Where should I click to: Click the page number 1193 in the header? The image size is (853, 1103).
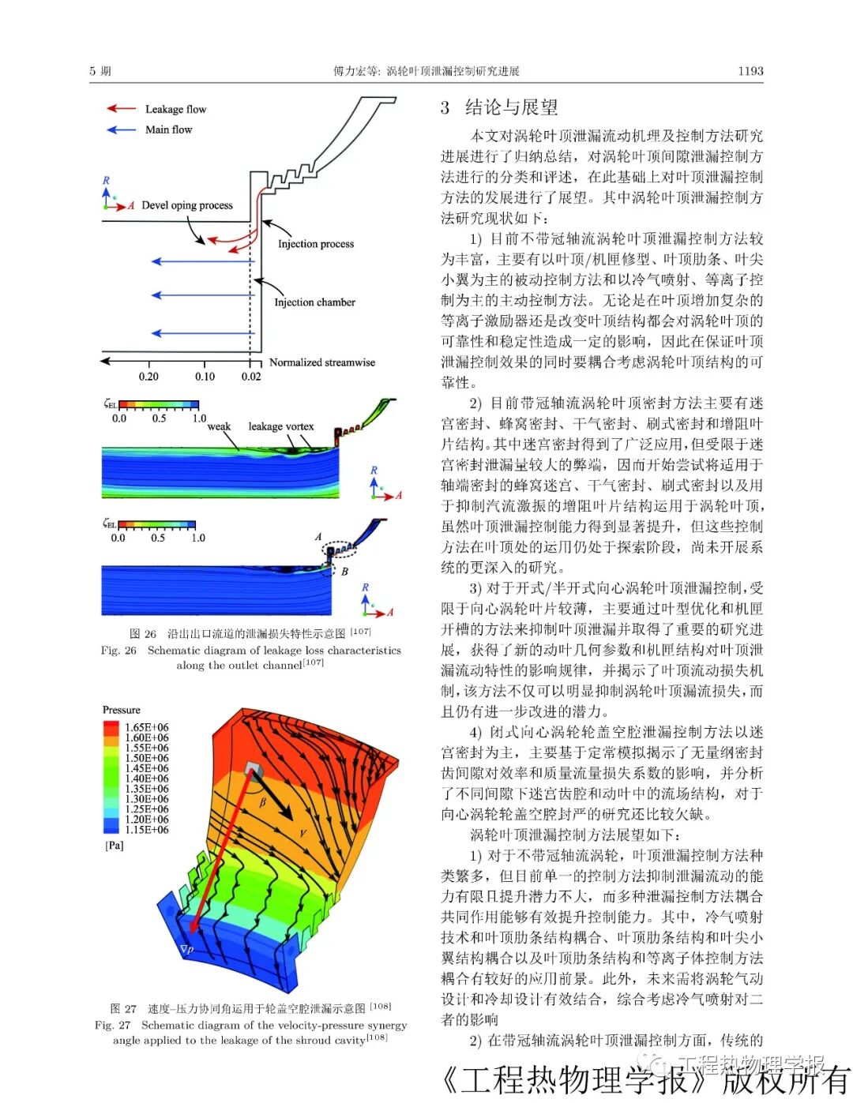(750, 71)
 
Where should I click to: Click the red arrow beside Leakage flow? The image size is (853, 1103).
(121, 108)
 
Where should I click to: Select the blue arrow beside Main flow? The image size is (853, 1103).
(121, 129)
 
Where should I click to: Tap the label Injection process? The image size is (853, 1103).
(316, 244)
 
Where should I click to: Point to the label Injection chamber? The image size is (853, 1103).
(314, 302)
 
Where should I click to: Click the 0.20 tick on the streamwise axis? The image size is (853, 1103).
(148, 377)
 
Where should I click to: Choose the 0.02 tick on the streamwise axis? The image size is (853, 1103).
(251, 377)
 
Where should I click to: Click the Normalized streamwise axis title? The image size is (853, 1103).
(322, 362)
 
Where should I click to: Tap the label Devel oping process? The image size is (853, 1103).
(187, 205)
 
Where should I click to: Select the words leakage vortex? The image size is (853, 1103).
(281, 426)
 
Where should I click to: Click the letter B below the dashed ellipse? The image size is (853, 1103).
(344, 571)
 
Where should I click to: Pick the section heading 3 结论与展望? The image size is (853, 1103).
(499, 107)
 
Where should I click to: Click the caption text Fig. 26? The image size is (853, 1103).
(118, 651)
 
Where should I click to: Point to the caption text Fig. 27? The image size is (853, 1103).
(112, 1025)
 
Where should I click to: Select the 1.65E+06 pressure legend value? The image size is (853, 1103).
(147, 727)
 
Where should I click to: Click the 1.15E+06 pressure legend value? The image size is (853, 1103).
(147, 830)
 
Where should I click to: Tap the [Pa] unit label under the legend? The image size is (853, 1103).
(115, 846)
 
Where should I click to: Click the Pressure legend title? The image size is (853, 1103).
(122, 710)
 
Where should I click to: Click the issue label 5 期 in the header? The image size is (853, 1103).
(100, 71)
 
